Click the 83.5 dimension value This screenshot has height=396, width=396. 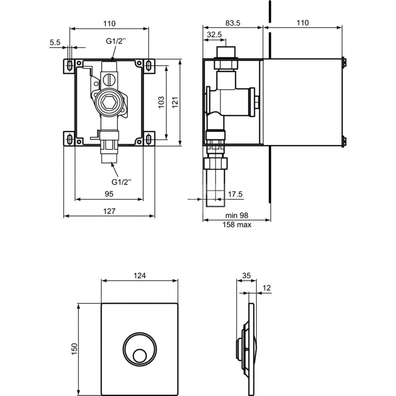232,23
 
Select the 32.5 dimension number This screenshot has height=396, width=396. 214,34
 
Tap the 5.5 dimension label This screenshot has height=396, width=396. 55,42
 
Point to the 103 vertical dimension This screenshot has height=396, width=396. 161,102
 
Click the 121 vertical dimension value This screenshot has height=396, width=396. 175,102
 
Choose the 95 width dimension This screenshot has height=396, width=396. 109,194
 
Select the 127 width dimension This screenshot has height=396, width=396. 109,211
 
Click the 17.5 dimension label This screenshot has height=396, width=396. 235,194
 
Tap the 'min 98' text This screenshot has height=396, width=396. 237,215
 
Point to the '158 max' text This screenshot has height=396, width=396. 237,225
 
